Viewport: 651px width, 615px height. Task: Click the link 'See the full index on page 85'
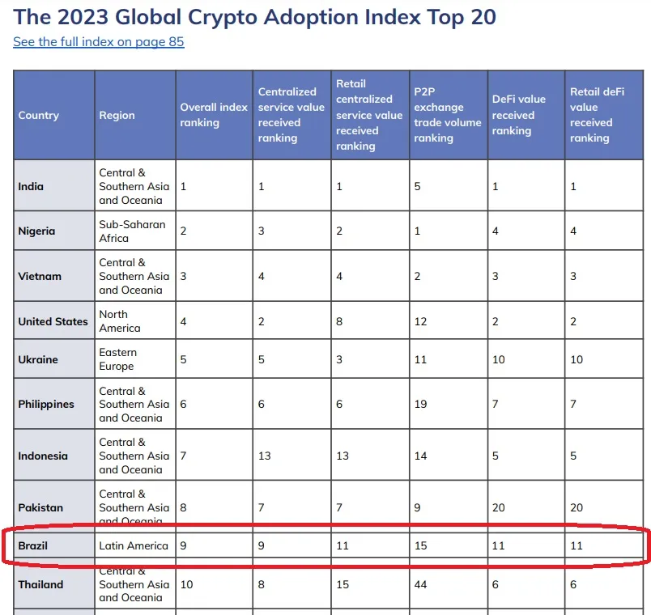tap(99, 41)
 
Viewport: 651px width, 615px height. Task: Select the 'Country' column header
tap(39, 115)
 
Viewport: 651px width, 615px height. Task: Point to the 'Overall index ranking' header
tap(214, 115)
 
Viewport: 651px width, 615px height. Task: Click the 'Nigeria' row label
tap(37, 231)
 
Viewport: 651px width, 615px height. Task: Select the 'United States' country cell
tap(53, 321)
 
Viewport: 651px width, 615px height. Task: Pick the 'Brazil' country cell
tap(33, 545)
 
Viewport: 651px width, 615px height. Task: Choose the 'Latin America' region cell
tap(134, 545)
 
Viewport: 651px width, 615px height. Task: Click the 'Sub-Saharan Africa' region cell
tap(132, 231)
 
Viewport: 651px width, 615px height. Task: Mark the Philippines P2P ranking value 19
tap(420, 405)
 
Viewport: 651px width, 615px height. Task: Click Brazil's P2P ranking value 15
tap(420, 545)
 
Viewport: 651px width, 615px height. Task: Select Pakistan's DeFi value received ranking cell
tap(499, 507)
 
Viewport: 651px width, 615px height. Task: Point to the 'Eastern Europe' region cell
tap(118, 359)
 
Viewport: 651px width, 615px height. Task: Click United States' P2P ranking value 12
tap(420, 321)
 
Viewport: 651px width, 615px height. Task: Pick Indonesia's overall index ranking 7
tap(184, 456)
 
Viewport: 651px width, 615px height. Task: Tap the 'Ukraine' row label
tap(38, 359)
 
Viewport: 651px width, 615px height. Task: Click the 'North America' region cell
tap(120, 321)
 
